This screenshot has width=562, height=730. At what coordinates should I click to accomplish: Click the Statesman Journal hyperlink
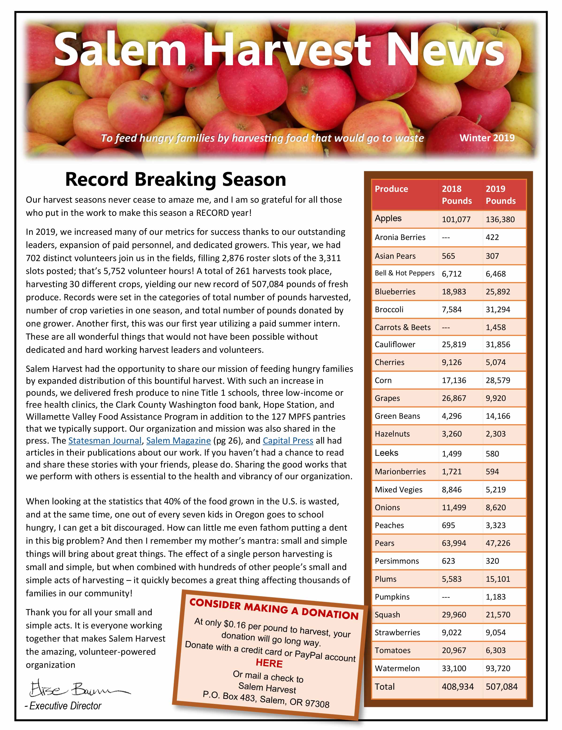pyautogui.click(x=105, y=441)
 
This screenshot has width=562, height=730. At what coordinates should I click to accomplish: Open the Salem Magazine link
pyautogui.click(x=178, y=441)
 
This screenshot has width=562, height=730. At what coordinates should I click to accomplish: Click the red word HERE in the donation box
pyautogui.click(x=269, y=663)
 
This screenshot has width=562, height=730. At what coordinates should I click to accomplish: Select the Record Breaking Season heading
pyautogui.click(x=175, y=179)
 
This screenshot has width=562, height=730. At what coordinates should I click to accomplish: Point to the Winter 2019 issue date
pyautogui.click(x=487, y=138)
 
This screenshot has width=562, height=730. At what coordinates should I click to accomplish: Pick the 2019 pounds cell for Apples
pyautogui.click(x=500, y=219)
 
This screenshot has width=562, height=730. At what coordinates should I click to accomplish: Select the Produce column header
pyautogui.click(x=391, y=189)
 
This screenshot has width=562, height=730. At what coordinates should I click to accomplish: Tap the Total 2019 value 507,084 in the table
pyautogui.click(x=501, y=687)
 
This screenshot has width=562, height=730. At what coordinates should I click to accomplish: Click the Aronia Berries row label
pyautogui.click(x=400, y=237)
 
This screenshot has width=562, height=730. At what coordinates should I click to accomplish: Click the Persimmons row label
pyautogui.click(x=397, y=561)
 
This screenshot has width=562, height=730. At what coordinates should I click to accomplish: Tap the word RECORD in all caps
pyautogui.click(x=213, y=213)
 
